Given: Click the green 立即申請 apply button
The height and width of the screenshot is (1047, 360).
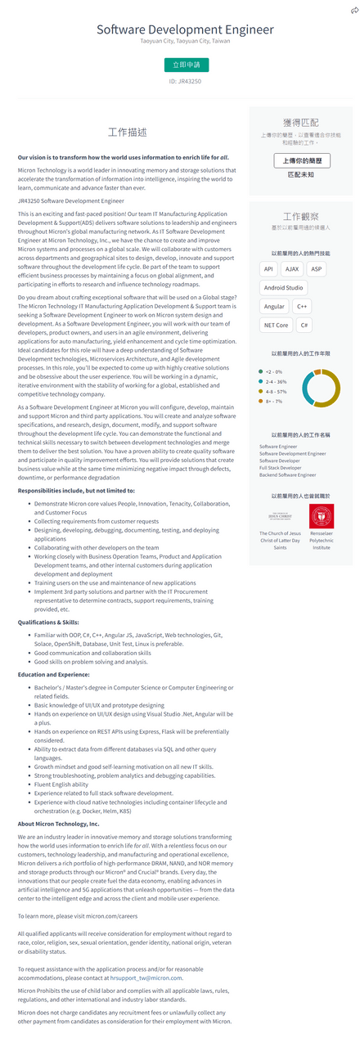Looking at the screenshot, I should click(185, 64).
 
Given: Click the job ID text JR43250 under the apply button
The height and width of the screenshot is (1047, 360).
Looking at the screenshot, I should click(185, 82).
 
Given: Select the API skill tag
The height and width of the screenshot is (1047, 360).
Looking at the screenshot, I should click(268, 268).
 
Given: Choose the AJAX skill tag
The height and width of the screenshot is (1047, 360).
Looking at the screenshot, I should click(292, 268).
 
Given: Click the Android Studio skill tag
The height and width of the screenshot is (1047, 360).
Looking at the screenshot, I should click(283, 287).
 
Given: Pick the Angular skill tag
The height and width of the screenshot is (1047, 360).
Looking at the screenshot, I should click(274, 306).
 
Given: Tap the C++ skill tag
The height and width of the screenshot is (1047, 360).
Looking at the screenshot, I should click(302, 306).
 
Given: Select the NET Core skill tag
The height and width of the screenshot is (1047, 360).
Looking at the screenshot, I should click(276, 325).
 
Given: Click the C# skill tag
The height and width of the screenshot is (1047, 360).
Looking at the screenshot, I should click(304, 325).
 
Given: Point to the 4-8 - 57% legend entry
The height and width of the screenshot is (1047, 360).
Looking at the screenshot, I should click(275, 391).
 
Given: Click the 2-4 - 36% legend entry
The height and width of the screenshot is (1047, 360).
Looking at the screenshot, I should click(275, 381).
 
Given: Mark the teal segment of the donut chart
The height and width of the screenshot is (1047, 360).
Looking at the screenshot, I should click(308, 389).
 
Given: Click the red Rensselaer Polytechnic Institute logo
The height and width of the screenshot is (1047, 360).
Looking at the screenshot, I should click(321, 515).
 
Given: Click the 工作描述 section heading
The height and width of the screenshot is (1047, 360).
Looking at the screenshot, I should click(128, 132).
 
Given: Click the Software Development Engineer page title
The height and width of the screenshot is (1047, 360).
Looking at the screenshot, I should click(185, 29).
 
